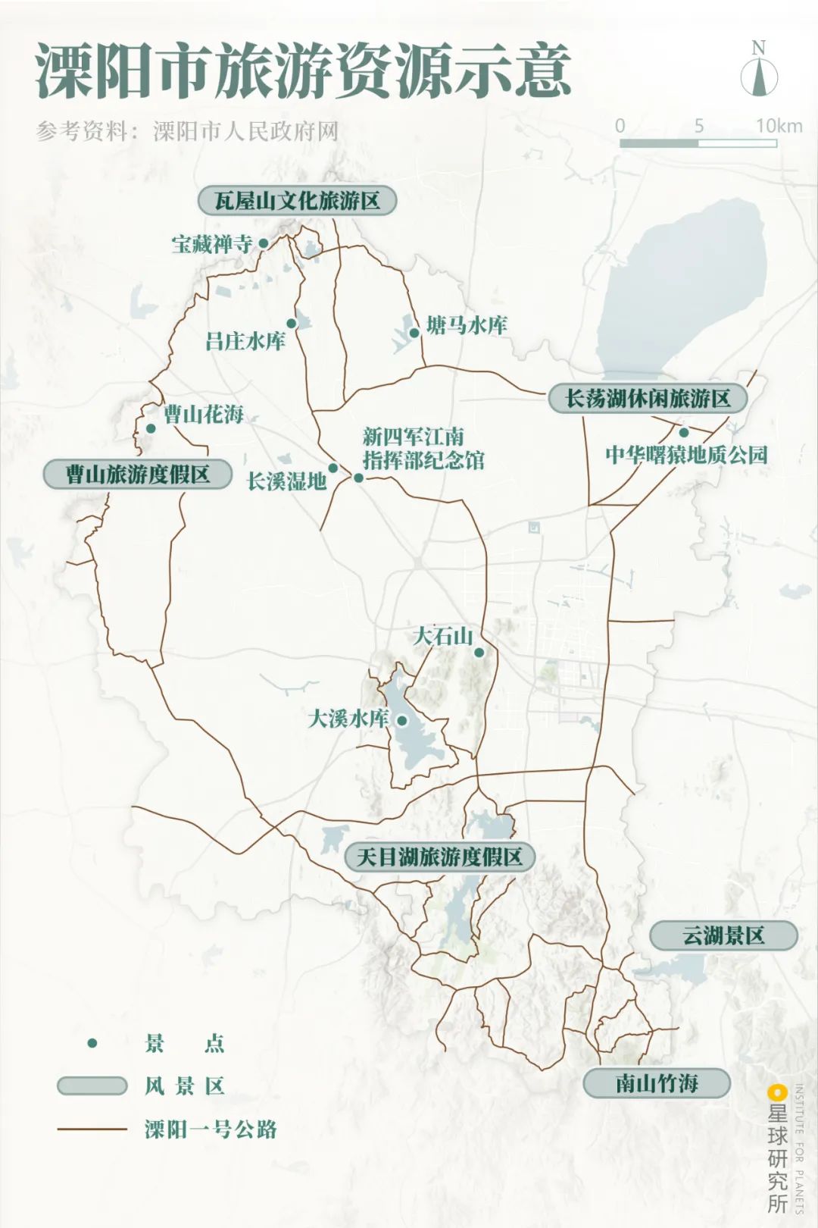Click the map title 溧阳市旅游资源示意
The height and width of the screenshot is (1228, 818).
click(x=303, y=72)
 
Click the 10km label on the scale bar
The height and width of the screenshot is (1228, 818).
click(x=779, y=126)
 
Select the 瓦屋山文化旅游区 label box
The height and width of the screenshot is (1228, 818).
click(x=297, y=201)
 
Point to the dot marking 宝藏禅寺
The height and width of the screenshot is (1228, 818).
click(x=264, y=243)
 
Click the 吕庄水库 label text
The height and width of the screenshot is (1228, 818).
click(x=245, y=341)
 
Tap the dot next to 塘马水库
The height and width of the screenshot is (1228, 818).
click(x=414, y=333)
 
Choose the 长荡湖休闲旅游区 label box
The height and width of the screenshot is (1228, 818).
click(x=648, y=399)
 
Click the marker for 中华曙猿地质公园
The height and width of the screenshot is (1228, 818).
click(x=683, y=433)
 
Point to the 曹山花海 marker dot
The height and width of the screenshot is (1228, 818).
click(x=151, y=428)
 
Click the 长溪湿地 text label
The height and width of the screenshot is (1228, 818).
click(x=286, y=481)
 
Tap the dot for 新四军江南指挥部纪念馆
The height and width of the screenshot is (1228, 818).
click(x=358, y=478)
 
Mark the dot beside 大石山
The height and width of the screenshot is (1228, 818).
click(x=479, y=652)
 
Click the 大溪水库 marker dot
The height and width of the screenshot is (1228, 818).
click(x=402, y=720)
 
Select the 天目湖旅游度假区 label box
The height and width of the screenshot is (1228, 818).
click(x=439, y=857)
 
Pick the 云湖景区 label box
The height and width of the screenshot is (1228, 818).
click(x=723, y=935)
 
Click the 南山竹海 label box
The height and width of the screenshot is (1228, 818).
click(x=656, y=1083)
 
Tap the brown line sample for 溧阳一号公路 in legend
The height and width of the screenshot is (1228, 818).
click(x=92, y=1129)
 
